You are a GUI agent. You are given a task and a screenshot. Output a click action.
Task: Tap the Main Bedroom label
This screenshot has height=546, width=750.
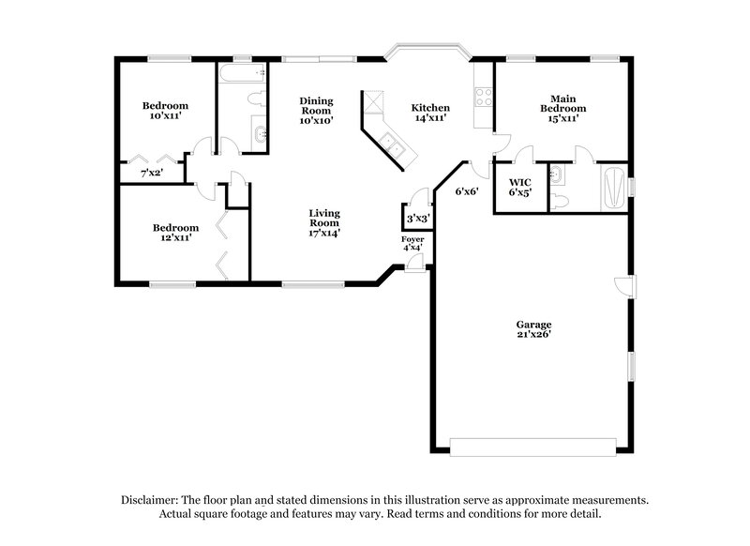[562, 103]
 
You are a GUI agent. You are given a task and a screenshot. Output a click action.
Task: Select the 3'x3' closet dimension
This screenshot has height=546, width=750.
[415, 220]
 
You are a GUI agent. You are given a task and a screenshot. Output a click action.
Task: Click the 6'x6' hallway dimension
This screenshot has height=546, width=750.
[468, 191]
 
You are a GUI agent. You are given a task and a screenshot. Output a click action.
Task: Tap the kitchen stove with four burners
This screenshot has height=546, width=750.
[484, 98]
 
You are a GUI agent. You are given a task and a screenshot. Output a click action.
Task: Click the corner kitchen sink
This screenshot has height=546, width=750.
[389, 143]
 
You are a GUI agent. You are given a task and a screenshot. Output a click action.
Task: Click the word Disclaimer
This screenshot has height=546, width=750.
[154, 500]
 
